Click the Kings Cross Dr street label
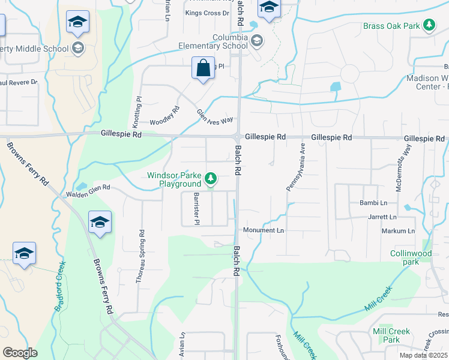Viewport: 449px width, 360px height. pyautogui.click(x=208, y=13)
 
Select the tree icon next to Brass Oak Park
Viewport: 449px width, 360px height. pyautogui.click(x=429, y=25)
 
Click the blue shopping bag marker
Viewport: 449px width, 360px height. pyautogui.click(x=203, y=68)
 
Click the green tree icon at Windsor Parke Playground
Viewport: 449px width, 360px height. pyautogui.click(x=211, y=178)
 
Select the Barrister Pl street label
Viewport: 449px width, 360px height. pyautogui.click(x=196, y=209)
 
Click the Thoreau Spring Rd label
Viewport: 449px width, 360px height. pyautogui.click(x=142, y=256)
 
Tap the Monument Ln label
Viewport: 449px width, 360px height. pyautogui.click(x=264, y=230)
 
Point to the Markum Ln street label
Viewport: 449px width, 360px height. pyautogui.click(x=398, y=231)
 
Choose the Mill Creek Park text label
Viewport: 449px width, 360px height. pyautogui.click(x=391, y=335)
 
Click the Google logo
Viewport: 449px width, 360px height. pyautogui.click(x=20, y=353)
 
